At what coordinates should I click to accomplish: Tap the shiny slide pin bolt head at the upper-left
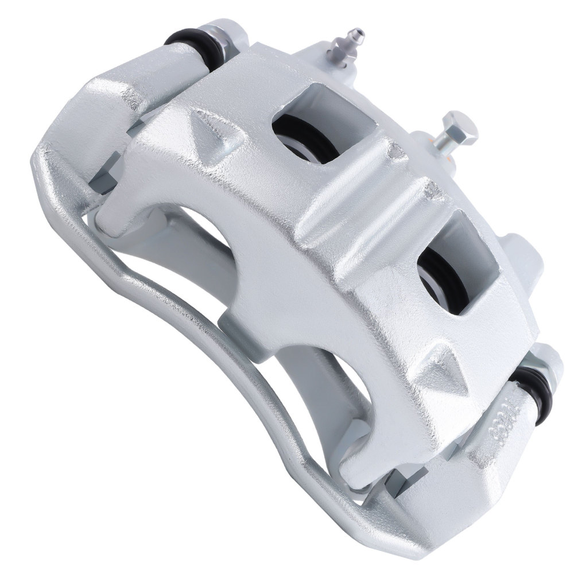pos(221,34)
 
